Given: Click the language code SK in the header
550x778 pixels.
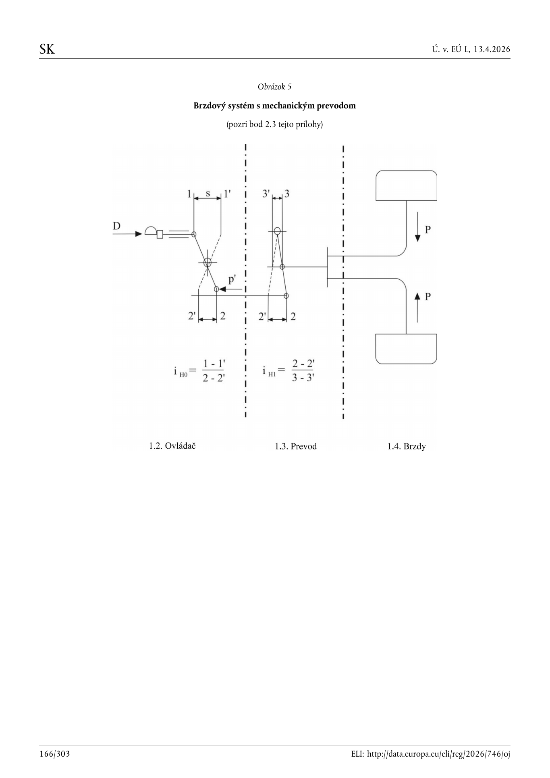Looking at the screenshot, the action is pos(47,49).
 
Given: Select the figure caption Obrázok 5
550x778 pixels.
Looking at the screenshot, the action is pos(274,87).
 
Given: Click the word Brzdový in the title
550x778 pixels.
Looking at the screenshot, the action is pos(209,106).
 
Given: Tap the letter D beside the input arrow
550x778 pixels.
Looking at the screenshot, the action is pos(116,226).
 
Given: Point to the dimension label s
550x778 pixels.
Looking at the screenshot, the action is pos(208,193).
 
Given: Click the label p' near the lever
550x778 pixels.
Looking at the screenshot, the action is pos(232,279).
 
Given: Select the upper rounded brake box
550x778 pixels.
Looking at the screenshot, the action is pos(406,185).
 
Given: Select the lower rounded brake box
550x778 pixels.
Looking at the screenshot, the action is pos(406,349).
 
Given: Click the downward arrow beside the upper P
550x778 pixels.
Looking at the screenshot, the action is pos(417,227).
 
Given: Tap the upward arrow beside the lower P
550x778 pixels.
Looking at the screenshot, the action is pos(417,308).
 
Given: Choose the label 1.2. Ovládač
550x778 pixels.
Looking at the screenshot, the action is pos(172,446).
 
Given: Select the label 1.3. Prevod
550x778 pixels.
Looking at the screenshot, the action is pos(296,446).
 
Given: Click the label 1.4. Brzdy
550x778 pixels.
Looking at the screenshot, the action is pos(407,446).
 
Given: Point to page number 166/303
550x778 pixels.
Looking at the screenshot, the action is pos(55,754).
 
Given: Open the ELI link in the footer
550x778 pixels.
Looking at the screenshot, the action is pos(430,754).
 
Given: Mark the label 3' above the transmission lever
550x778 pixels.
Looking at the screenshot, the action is pos(266,194).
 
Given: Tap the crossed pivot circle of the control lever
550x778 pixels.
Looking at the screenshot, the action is pos(207,262).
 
